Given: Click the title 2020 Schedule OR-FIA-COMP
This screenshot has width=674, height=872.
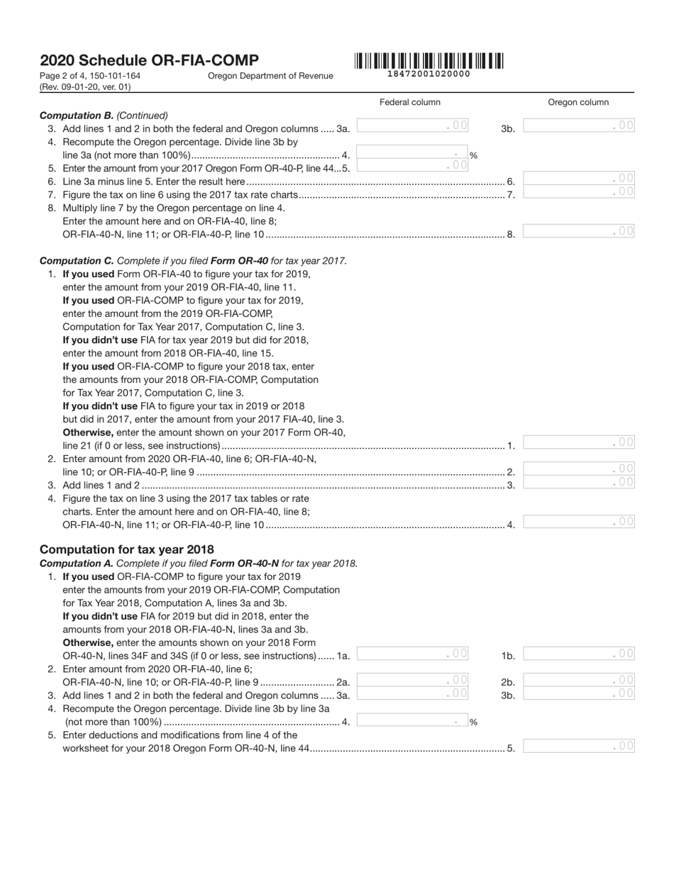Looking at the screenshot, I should tap(149, 60).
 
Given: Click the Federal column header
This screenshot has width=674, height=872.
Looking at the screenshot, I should tap(409, 102).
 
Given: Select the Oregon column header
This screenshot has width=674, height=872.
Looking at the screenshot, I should tap(578, 102).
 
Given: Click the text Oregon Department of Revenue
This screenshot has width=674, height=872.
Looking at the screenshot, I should tap(270, 76).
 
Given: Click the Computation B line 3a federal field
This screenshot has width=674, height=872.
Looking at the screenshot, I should tap(412, 126).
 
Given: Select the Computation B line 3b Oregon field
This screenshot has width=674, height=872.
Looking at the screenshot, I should tap(578, 126).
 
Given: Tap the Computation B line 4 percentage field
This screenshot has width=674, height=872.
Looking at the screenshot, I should tap(412, 153).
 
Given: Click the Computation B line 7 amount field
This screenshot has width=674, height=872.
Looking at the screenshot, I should tap(578, 191).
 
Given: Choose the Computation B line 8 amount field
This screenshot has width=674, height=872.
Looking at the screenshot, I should tap(578, 231).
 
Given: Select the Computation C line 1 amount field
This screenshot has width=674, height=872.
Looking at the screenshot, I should tap(578, 442).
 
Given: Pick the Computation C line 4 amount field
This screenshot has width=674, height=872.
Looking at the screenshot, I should tap(578, 522).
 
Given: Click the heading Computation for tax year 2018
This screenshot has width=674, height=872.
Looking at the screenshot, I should tap(126, 549).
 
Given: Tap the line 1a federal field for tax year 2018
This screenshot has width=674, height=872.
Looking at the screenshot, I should tap(412, 654).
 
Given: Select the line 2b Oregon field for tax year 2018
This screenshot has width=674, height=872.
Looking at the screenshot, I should tap(578, 680).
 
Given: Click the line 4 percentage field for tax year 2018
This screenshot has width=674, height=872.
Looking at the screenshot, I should tap(412, 720).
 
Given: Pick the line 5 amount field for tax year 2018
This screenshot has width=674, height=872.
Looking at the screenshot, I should tap(578, 746).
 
